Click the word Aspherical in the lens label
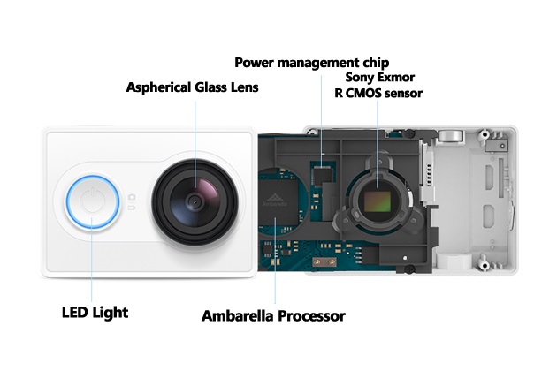(x=158, y=87)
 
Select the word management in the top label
(x=318, y=64)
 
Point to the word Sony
(x=358, y=78)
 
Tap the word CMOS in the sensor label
(x=363, y=94)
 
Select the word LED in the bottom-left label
(x=75, y=313)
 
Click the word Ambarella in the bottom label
(x=238, y=316)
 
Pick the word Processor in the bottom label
(x=311, y=316)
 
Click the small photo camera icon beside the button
(x=132, y=197)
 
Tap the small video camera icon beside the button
(x=132, y=207)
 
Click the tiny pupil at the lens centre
(x=194, y=201)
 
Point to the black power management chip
(x=322, y=176)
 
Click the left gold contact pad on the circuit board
(x=317, y=262)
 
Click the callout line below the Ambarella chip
(x=275, y=261)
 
